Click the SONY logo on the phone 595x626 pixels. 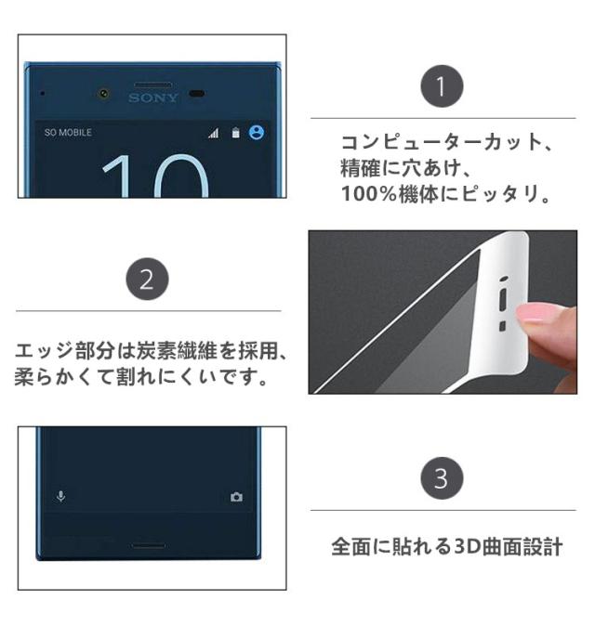click(x=152, y=98)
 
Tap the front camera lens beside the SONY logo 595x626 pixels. click(x=104, y=94)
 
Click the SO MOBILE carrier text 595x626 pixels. click(x=68, y=133)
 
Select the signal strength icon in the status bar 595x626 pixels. click(x=214, y=133)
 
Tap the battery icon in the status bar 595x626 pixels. click(x=236, y=133)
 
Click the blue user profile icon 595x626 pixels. click(x=257, y=132)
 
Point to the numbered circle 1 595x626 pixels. click(x=442, y=86)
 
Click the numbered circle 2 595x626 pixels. click(x=147, y=279)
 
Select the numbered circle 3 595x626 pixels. click(x=442, y=478)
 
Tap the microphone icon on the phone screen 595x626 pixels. click(x=60, y=497)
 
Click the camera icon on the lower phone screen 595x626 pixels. click(x=236, y=497)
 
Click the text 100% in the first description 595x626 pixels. click(x=368, y=194)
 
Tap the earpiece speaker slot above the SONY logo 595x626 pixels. click(x=153, y=85)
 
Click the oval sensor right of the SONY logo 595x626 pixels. click(x=196, y=94)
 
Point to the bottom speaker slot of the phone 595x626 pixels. click(x=148, y=545)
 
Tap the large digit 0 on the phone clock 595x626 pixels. click(x=181, y=176)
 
